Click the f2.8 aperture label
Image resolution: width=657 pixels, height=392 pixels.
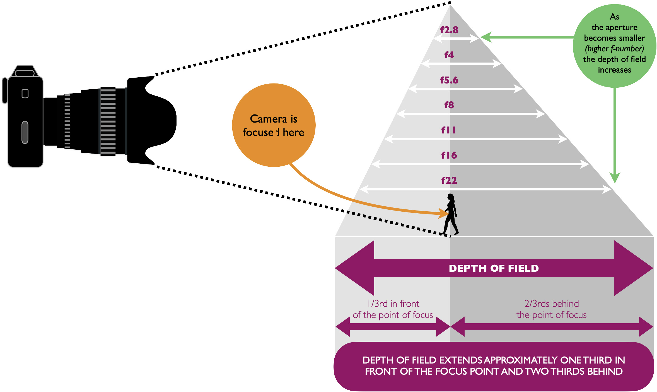tap(449, 30)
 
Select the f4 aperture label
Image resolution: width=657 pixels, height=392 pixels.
tap(449, 55)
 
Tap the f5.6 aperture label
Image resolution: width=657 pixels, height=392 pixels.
tap(449, 80)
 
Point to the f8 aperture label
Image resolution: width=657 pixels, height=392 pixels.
tap(449, 105)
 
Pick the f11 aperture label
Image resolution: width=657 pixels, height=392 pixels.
tap(448, 130)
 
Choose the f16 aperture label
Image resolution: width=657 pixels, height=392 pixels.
tap(449, 155)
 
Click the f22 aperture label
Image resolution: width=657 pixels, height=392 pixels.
tap(449, 180)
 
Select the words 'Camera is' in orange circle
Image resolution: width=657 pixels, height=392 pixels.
tap(274, 119)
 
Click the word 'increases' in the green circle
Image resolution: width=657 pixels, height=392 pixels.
tap(614, 70)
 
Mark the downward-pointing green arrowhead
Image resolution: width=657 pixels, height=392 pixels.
tap(615, 178)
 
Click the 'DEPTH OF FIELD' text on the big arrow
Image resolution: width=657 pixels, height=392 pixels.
tap(494, 268)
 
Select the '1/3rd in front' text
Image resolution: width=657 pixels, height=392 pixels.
tap(393, 304)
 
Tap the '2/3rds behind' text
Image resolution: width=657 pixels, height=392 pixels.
tap(552, 304)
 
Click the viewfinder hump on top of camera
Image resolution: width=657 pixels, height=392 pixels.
tap(25, 71)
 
